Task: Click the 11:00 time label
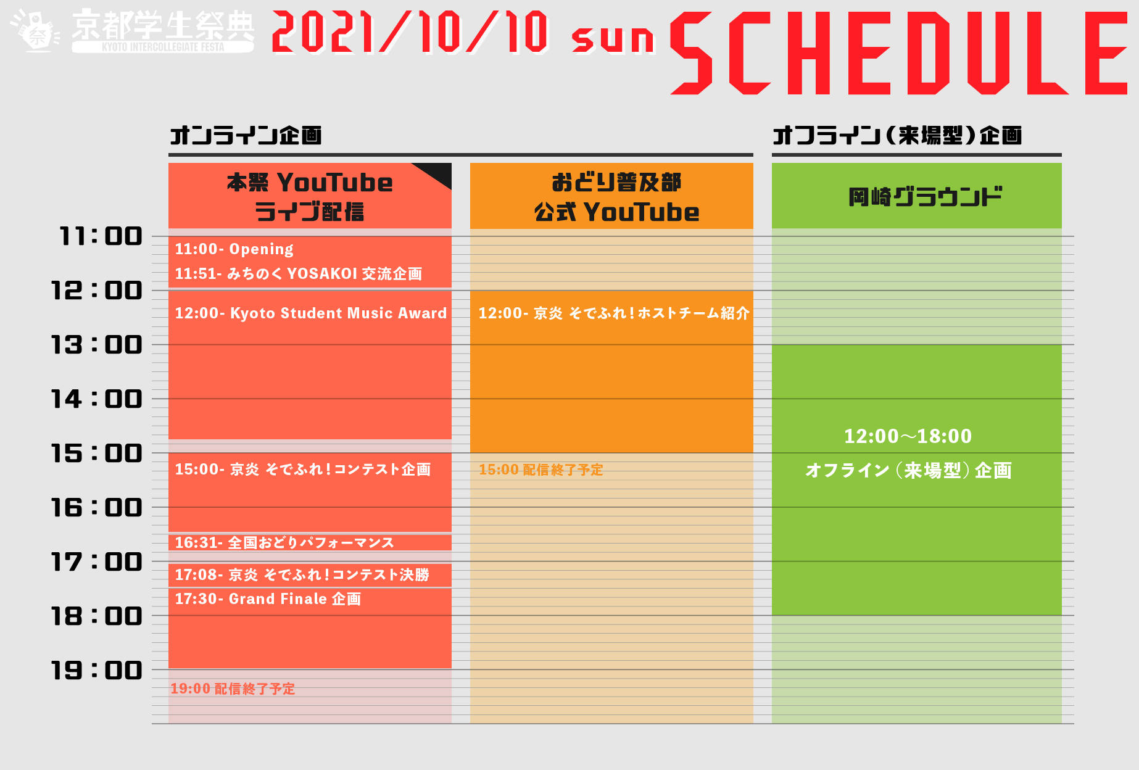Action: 101,236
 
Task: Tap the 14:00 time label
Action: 97,399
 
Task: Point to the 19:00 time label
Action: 97,671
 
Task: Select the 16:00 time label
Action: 97,508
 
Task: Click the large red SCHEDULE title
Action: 898,54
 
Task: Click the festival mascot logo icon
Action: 36,31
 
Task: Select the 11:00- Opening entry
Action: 234,249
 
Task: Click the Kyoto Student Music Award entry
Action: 310,313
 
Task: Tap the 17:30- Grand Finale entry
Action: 268,599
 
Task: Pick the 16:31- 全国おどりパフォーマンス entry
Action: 284,543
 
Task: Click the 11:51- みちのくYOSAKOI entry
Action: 298,274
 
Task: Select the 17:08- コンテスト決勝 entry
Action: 302,575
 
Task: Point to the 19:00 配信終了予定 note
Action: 233,689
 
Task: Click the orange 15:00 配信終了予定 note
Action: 541,470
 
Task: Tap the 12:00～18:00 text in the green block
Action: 908,437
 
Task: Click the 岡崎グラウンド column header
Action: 924,197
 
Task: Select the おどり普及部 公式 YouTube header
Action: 616,197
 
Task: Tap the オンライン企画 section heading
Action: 246,135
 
